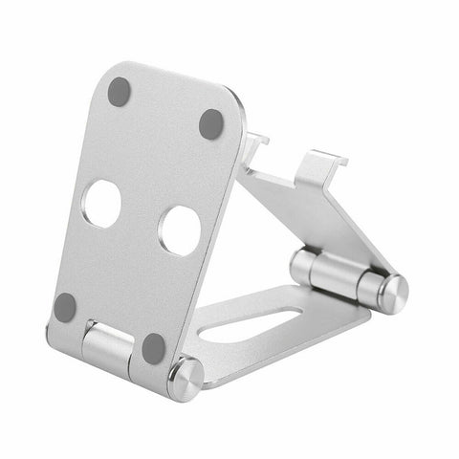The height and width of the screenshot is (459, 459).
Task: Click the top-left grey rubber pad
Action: click(x=120, y=92)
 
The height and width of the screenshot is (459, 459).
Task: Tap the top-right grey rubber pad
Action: click(x=210, y=123)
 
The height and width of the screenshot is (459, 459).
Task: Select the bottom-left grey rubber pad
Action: click(x=65, y=307)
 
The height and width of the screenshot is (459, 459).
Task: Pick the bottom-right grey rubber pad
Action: click(x=153, y=347)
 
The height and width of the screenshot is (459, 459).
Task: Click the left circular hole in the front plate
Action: click(x=101, y=203)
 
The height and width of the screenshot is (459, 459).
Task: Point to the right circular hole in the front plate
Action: click(x=180, y=230)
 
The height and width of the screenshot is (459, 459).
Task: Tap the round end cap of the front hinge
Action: click(x=185, y=380)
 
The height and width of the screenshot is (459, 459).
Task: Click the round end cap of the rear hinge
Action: click(x=391, y=291)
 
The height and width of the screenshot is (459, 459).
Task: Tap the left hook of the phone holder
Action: click(x=254, y=143)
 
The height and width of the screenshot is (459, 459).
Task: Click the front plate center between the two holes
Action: click(x=141, y=217)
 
